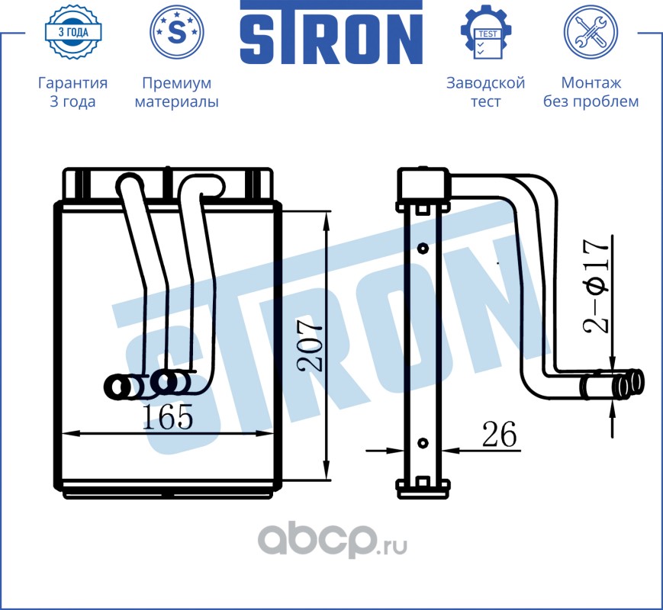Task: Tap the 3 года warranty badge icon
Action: [x=72, y=32]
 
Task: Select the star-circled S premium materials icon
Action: [x=177, y=32]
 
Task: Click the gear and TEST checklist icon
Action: [x=485, y=32]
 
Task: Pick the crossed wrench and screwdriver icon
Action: [x=591, y=32]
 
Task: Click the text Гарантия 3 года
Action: [x=72, y=92]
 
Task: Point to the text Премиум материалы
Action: [x=177, y=92]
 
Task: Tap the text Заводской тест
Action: [x=485, y=92]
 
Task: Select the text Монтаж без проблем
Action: [x=591, y=92]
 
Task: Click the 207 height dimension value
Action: [x=311, y=346]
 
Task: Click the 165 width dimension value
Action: [x=167, y=417]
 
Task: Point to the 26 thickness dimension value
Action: [x=498, y=435]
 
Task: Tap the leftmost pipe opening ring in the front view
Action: [x=117, y=387]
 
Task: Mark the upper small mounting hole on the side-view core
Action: [x=421, y=247]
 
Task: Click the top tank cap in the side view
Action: [x=420, y=183]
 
